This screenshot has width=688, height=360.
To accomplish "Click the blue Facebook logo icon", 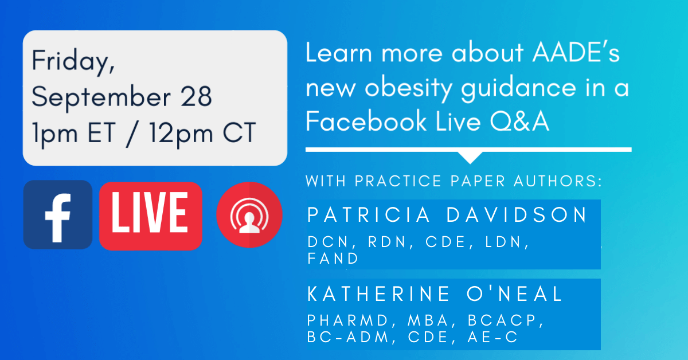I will [57, 214].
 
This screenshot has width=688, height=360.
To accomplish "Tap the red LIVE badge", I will [151, 216].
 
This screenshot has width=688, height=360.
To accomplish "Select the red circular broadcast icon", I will [249, 215].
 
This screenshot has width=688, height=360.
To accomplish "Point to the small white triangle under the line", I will [471, 158].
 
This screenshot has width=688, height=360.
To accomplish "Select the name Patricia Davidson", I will [448, 215].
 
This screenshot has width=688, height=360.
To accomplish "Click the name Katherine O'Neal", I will [436, 294].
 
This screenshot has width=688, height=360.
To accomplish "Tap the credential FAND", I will [333, 259].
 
